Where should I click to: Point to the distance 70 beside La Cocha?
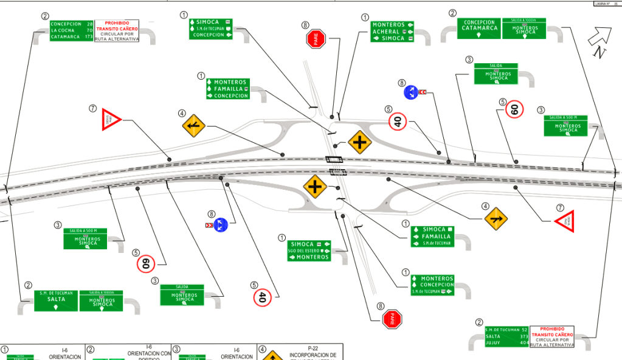click(89, 30)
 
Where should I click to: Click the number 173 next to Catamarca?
click(89, 37)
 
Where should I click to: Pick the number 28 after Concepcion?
click(90, 24)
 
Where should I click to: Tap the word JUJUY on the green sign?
click(493, 344)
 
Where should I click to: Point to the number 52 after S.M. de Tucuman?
click(524, 330)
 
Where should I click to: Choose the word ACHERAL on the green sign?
click(386, 32)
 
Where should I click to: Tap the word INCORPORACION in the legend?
click(314, 355)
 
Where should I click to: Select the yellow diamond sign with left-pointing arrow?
click(193, 125)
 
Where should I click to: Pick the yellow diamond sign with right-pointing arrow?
click(496, 217)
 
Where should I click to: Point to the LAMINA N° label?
click(603, 3)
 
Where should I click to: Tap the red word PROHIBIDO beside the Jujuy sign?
click(551, 329)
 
